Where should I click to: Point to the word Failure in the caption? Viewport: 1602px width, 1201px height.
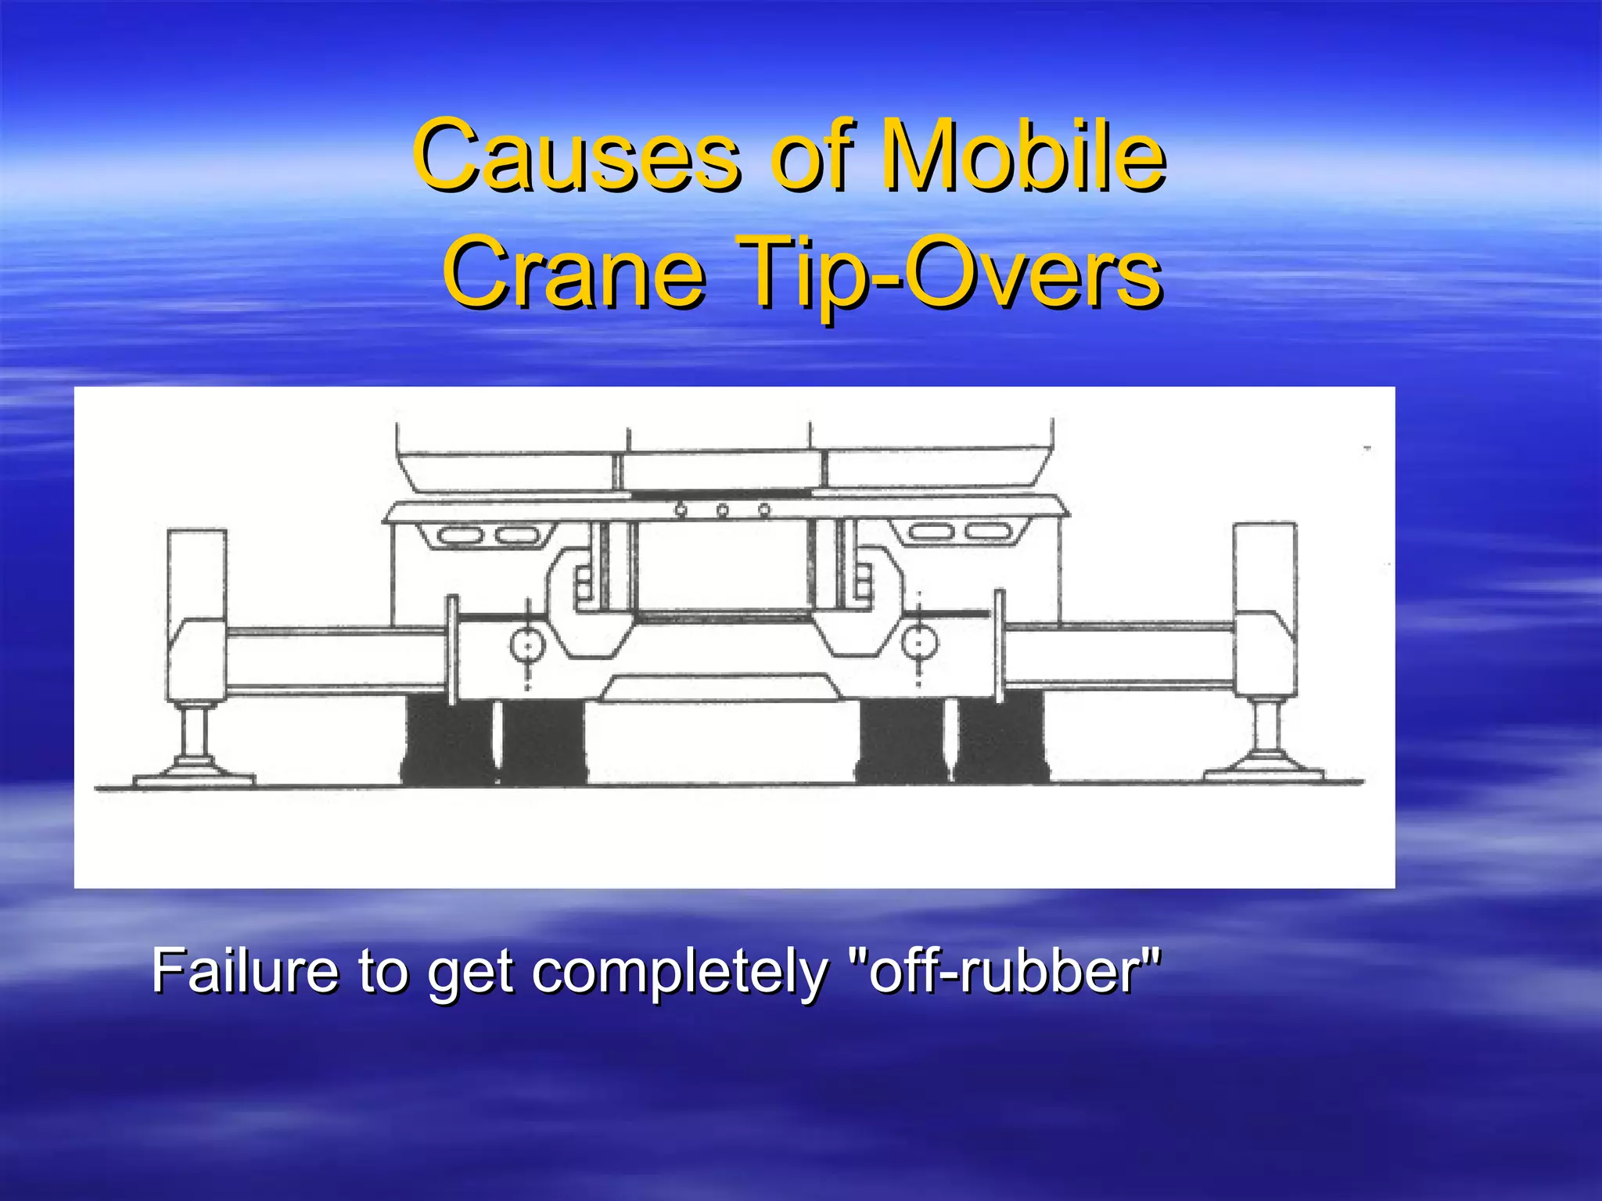[x=245, y=971]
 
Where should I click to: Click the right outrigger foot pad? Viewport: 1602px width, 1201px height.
[x=1264, y=773]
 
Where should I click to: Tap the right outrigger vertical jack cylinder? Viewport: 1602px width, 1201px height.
[x=1264, y=567]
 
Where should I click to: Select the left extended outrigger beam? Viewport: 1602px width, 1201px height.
[x=336, y=659]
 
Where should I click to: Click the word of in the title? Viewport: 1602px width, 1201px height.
[x=808, y=155]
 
